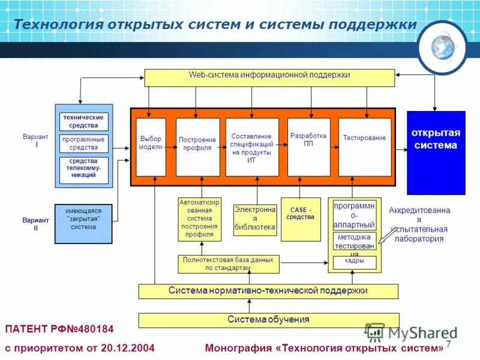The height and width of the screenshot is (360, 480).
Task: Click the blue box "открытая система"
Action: [x=436, y=152]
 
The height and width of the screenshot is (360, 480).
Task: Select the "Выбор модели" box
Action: [x=151, y=147]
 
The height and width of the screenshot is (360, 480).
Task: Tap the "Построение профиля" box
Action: [x=197, y=147]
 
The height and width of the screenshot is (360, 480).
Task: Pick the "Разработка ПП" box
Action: [x=308, y=147]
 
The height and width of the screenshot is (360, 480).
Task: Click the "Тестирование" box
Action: [x=364, y=147]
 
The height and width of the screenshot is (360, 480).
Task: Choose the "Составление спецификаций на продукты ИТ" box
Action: [x=252, y=147]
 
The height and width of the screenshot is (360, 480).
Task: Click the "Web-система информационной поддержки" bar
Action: [x=269, y=77]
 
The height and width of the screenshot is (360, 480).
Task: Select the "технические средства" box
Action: [x=84, y=122]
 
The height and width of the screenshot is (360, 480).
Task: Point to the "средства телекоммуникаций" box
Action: [x=84, y=170]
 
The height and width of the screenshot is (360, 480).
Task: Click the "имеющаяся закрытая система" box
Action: [x=83, y=223]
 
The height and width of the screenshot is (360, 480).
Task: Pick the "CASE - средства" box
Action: [x=301, y=219]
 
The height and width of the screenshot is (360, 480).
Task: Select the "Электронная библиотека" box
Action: [x=255, y=220]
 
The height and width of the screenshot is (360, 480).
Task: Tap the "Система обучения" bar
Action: [x=268, y=320]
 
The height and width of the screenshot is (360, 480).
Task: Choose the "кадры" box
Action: [x=354, y=262]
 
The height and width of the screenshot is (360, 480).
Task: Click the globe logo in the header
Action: [x=444, y=46]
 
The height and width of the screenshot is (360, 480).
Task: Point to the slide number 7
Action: [x=448, y=344]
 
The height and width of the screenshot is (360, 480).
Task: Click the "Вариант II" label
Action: [x=36, y=224]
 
